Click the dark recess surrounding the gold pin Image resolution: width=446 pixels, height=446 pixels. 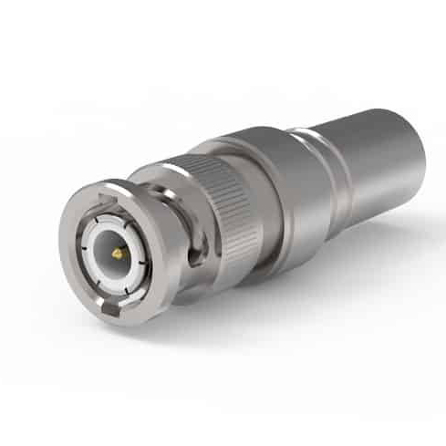[x=122, y=256]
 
